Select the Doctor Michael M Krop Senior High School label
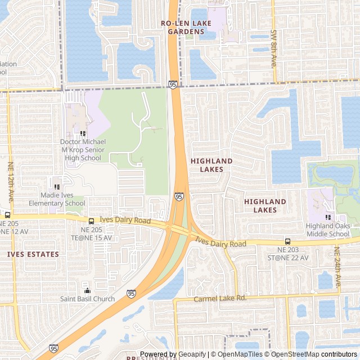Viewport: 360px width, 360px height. pyautogui.click(x=82, y=150)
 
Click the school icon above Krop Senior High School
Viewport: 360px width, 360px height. pyautogui.click(x=82, y=134)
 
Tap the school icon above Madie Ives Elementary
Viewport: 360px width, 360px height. pyautogui.click(x=56, y=187)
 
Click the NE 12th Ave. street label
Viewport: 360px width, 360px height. pyautogui.click(x=10, y=183)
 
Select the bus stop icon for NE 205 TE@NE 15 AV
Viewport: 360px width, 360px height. pyautogui.click(x=91, y=221)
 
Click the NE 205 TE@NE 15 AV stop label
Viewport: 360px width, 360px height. pyautogui.click(x=91, y=233)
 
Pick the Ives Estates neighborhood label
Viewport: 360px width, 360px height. pyautogui.click(x=33, y=254)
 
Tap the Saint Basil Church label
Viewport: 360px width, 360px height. pyautogui.click(x=87, y=299)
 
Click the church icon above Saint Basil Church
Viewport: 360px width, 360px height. pyautogui.click(x=87, y=291)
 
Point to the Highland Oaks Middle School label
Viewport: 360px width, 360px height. pyautogui.click(x=327, y=230)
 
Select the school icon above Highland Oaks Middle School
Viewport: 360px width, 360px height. pyautogui.click(x=327, y=218)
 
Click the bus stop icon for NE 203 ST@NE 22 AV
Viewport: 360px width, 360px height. pyautogui.click(x=288, y=241)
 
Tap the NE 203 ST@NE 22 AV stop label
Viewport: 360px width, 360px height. pyautogui.click(x=292, y=253)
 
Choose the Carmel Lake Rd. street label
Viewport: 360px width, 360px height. pyautogui.click(x=220, y=299)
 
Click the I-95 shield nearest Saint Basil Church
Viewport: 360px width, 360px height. pyautogui.click(x=131, y=293)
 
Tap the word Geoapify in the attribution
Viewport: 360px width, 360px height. pyautogui.click(x=193, y=354)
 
